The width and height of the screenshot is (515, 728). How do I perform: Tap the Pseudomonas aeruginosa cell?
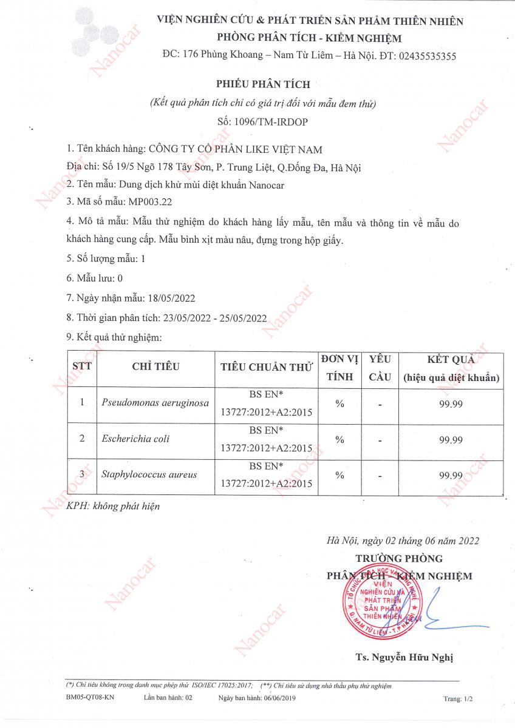click(x=155, y=403)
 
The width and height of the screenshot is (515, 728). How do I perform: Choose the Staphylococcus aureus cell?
click(x=149, y=474)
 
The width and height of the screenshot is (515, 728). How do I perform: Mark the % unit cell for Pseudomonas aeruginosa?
click(x=339, y=403)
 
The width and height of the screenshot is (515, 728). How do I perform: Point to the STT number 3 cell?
click(x=82, y=474)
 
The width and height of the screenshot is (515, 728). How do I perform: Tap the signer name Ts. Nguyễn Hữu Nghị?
click(x=404, y=657)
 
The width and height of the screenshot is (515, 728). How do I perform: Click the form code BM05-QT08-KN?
click(x=89, y=698)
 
